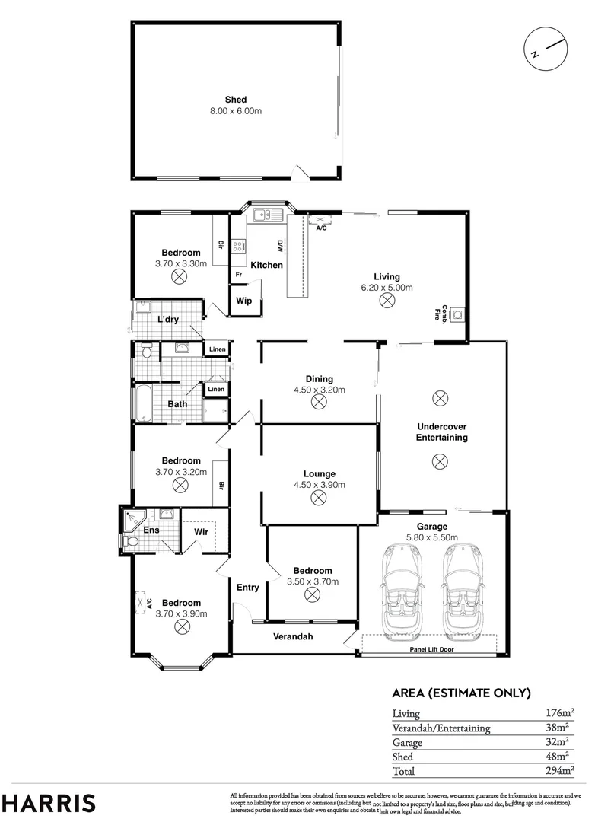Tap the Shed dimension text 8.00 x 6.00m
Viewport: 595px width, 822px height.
click(236, 111)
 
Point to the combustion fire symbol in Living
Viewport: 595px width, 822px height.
click(458, 314)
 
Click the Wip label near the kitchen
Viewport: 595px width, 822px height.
click(244, 301)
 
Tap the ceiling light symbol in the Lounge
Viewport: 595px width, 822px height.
click(319, 498)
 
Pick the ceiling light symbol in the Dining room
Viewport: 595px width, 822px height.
click(319, 403)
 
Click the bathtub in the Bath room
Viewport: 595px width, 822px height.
click(143, 403)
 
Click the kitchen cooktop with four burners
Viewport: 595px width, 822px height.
click(238, 246)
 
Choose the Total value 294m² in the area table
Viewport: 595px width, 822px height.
click(558, 771)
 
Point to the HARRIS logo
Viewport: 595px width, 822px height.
click(49, 803)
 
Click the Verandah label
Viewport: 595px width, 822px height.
click(293, 636)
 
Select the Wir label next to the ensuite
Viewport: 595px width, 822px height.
click(201, 530)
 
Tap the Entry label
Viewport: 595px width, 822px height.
click(247, 587)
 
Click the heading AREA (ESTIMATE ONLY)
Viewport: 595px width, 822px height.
click(460, 693)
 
